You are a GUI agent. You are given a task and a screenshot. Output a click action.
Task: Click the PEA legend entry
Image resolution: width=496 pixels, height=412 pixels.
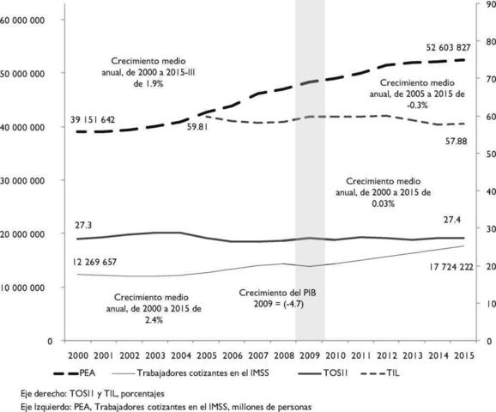coord(96,374)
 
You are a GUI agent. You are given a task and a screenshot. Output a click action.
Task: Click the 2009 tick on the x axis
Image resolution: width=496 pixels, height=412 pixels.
coord(310,355)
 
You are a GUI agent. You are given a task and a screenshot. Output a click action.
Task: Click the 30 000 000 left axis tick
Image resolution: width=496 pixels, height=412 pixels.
coord(27,180)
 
